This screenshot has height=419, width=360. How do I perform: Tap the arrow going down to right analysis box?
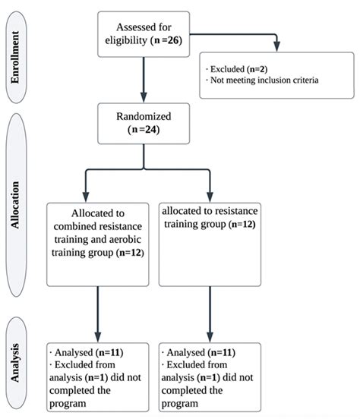tap(210, 313)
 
